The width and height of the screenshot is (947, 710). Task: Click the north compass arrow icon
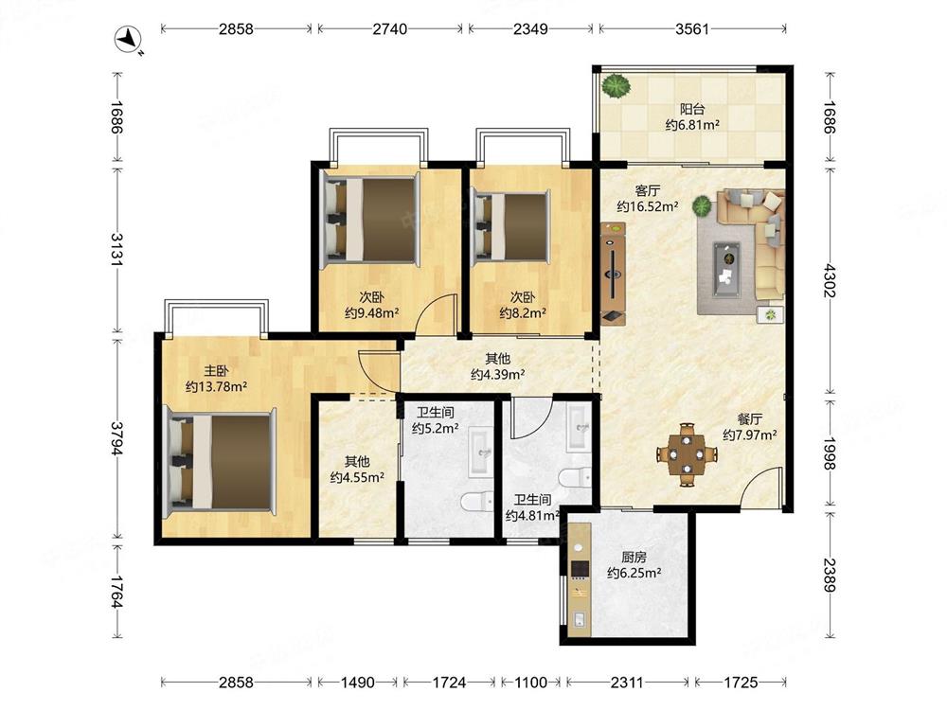(128, 39)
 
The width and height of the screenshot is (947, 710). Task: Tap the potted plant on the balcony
(616, 86)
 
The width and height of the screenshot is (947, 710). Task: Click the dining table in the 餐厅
(688, 454)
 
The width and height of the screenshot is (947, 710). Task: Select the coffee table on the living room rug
(726, 269)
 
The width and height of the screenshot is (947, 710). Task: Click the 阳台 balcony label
(692, 109)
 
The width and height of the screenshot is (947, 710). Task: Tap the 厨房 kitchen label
(634, 558)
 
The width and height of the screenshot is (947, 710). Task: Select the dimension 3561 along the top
(692, 28)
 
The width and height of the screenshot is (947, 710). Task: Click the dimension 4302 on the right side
(830, 280)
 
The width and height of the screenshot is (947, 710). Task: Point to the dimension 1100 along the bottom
(530, 683)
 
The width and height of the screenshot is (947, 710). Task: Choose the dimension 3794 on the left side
(117, 438)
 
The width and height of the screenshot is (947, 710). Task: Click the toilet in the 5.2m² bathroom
(477, 501)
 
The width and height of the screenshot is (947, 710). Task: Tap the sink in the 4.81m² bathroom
(579, 428)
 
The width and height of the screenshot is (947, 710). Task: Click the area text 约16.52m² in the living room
(648, 206)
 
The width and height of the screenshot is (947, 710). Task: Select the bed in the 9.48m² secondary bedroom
(370, 220)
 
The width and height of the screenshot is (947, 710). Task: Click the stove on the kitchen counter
(580, 569)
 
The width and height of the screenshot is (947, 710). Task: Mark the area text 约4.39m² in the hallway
(498, 374)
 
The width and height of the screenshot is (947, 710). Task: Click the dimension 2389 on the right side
(830, 576)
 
